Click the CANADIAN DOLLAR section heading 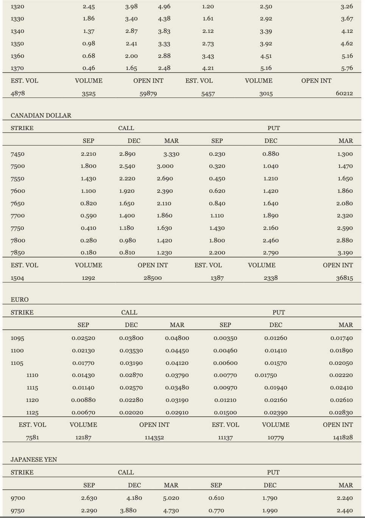pyautogui.click(x=41, y=115)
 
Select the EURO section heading pyautogui.click(x=20, y=299)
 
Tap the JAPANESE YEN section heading pyautogui.click(x=34, y=459)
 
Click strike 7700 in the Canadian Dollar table pyautogui.click(x=18, y=216)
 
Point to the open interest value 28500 pyautogui.click(x=153, y=278)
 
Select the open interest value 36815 pyautogui.click(x=344, y=278)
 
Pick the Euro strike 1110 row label pyautogui.click(x=32, y=375)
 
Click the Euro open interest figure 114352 pyautogui.click(x=154, y=437)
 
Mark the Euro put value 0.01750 pyautogui.click(x=266, y=375)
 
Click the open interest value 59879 pyautogui.click(x=148, y=93)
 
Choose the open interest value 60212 pyautogui.click(x=344, y=93)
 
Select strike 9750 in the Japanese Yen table pyautogui.click(x=18, y=510)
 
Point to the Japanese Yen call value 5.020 pyautogui.click(x=171, y=498)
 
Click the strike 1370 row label pyautogui.click(x=17, y=68)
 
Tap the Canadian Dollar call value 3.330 pyautogui.click(x=172, y=154)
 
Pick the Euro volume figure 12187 pyautogui.click(x=83, y=437)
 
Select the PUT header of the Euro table pyautogui.click(x=279, y=312)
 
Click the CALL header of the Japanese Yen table pyautogui.click(x=126, y=472)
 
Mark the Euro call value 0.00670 pyautogui.click(x=83, y=413)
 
